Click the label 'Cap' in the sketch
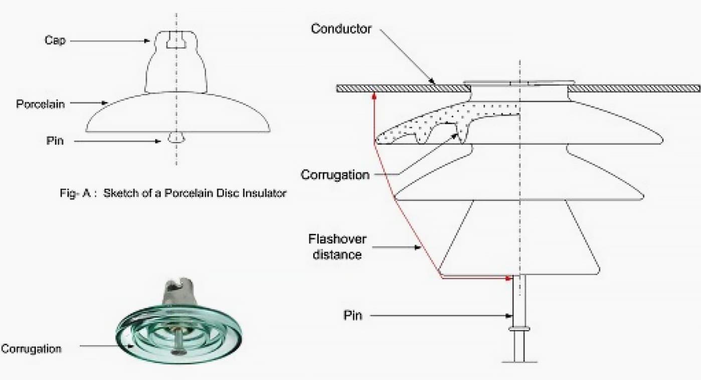[x=55, y=41]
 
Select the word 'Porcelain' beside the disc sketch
[x=40, y=104]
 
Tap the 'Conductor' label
[x=341, y=29]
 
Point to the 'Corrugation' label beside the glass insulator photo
[x=31, y=348]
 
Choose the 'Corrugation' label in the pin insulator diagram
[x=334, y=174]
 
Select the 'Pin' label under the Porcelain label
[x=55, y=141]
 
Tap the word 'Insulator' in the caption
[x=265, y=193]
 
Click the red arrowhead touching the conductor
[x=374, y=95]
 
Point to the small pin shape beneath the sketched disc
[x=176, y=137]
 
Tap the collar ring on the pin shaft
[x=519, y=329]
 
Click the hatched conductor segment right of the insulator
[x=634, y=88]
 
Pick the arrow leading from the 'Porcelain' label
[x=88, y=103]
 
